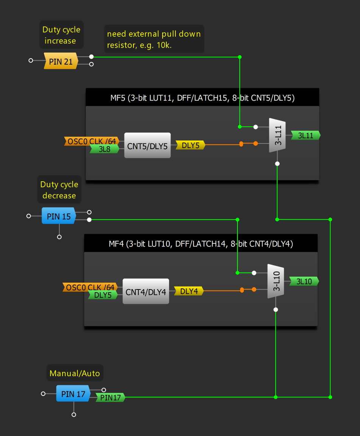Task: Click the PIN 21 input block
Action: tap(61, 61)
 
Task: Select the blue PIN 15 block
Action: tap(59, 216)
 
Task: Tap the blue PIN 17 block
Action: tap(73, 394)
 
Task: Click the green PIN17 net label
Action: tap(110, 397)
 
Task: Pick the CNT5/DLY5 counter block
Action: tap(147, 146)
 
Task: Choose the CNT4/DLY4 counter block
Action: tap(146, 291)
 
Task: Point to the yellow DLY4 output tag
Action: tap(189, 291)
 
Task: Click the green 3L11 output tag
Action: tap(306, 135)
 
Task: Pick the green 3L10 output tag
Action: tap(304, 281)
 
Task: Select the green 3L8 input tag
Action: tap(104, 149)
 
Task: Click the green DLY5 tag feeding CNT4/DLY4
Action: tap(103, 295)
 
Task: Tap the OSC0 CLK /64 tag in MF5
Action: tap(91, 141)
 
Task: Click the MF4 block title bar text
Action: tap(200, 244)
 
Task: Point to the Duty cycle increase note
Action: tap(61, 35)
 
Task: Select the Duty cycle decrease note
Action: tap(59, 190)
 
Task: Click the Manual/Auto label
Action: tap(75, 373)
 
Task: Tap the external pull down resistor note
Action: tap(154, 39)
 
